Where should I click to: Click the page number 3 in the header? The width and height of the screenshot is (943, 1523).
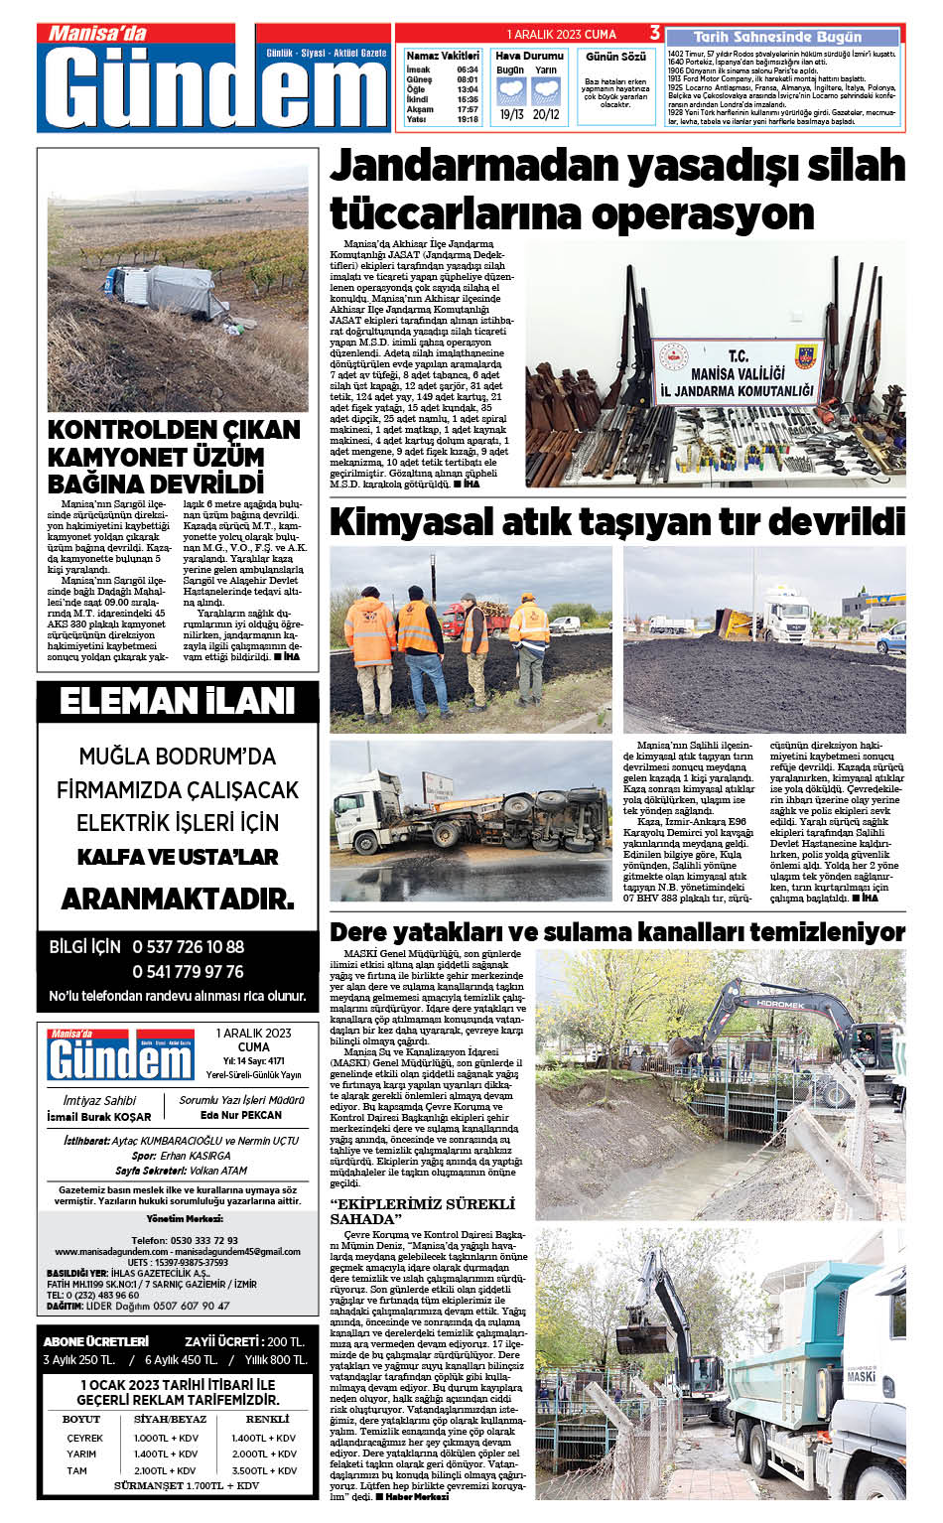655,34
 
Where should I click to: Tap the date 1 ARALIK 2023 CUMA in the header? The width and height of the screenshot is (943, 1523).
561,34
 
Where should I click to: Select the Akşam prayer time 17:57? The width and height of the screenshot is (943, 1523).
468,109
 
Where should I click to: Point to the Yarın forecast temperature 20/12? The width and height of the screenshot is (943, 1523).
545,114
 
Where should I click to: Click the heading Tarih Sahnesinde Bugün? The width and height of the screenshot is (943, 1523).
777,37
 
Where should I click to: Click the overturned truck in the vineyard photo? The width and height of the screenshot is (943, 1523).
165,290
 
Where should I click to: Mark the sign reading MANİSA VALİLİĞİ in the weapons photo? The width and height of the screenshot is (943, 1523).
738,373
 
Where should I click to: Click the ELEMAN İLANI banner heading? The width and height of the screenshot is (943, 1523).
178,702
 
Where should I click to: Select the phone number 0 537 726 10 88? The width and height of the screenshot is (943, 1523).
188,947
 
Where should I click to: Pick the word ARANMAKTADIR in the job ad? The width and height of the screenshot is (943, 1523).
178,900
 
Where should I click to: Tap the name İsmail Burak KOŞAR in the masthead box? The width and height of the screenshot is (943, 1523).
99,1117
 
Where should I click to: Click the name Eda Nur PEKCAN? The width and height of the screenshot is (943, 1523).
241,1115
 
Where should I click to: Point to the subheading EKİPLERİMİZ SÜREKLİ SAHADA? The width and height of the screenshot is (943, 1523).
422,1211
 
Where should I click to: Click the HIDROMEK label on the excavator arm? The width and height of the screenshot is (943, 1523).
780,1004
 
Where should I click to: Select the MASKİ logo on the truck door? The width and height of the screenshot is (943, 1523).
861,1376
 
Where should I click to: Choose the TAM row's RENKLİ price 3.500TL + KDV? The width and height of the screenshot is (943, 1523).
264,1470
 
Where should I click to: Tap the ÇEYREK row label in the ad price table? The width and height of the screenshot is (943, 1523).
85,1438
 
